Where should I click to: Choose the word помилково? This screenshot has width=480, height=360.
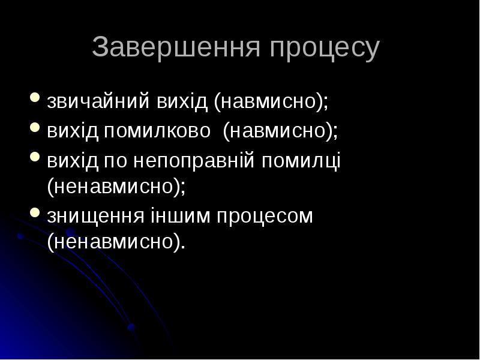(157, 130)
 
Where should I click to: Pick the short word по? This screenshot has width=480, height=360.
(117, 161)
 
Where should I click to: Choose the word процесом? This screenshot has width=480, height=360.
(263, 216)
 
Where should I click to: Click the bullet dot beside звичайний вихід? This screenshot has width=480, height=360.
(35, 98)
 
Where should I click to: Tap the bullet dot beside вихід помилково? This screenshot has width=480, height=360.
(35, 127)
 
